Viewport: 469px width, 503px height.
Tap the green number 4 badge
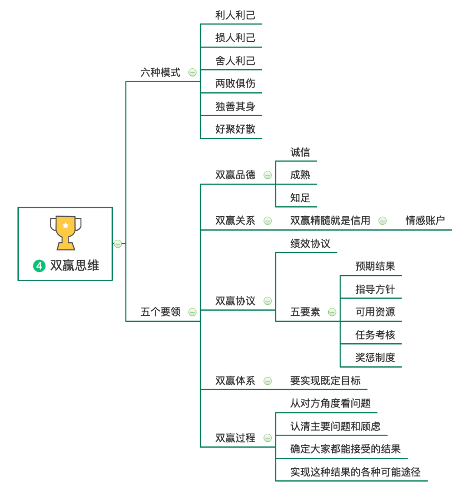[x=39, y=265]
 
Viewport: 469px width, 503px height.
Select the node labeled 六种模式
[x=160, y=72]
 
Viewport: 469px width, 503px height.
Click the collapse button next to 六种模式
[x=192, y=73]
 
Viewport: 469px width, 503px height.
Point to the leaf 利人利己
[x=235, y=15]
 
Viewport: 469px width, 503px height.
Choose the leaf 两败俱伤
[x=235, y=84]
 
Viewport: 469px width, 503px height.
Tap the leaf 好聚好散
[x=235, y=129]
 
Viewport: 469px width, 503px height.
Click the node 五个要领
[x=160, y=312]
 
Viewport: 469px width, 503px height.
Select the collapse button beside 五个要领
[x=192, y=312]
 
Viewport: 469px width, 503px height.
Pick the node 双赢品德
[x=235, y=175]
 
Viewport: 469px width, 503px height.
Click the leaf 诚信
[x=300, y=152]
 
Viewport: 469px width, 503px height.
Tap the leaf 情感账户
[x=425, y=221]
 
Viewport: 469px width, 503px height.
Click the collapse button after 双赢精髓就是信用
[x=383, y=221]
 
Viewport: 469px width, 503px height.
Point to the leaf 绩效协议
[x=310, y=244]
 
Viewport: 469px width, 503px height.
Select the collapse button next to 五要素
[x=332, y=312]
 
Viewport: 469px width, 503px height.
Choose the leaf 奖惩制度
[x=375, y=358]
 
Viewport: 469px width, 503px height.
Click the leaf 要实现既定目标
[x=325, y=381]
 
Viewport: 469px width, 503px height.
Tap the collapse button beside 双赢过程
[x=268, y=438]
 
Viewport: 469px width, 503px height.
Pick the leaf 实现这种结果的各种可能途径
[x=355, y=472]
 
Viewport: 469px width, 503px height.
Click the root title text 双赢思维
[x=75, y=265]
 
